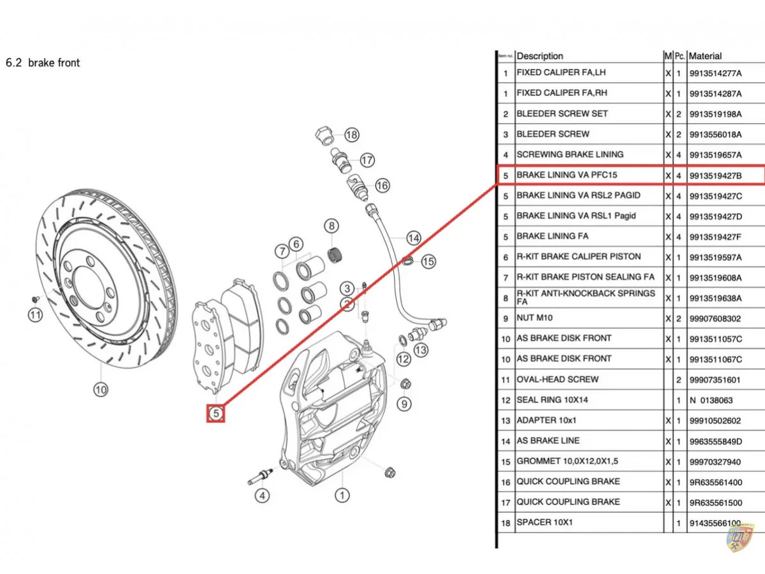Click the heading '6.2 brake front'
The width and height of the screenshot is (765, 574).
[x=43, y=63]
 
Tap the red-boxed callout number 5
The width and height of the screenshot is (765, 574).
[x=216, y=413]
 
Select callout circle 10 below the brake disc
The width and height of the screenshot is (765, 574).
[x=101, y=389]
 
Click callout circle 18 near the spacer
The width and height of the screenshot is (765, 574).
[x=351, y=135]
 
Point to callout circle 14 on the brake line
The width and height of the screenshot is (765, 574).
[x=414, y=238]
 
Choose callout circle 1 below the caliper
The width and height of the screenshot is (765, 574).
[x=342, y=495]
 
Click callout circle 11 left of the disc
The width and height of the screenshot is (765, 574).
[x=35, y=314]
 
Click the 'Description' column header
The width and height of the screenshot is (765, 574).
[x=540, y=56]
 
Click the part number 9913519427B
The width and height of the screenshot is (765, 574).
[x=715, y=175]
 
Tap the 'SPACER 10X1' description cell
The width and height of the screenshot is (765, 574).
[x=544, y=522]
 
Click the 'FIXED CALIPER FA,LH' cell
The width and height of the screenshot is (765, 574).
[x=562, y=73]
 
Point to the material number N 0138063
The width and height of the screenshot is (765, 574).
[x=711, y=401]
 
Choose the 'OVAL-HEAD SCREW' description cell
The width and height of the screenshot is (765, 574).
[x=557, y=379]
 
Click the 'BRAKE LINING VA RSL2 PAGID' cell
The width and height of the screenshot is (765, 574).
[x=578, y=195]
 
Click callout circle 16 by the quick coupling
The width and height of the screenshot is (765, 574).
[x=382, y=186]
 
